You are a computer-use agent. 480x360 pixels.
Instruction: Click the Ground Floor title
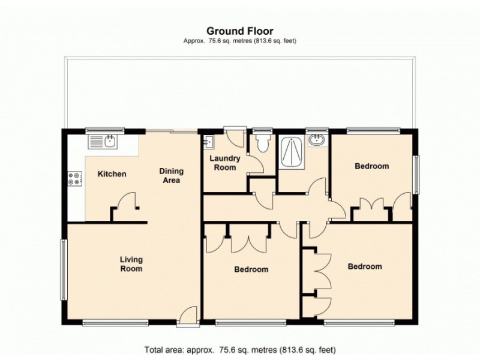(x=240, y=30)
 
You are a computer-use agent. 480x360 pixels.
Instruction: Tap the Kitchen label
(x=112, y=174)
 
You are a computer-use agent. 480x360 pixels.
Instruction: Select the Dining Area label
(x=170, y=175)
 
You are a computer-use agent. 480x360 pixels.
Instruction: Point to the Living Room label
(x=131, y=264)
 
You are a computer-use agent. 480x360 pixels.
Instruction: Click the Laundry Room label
(x=225, y=163)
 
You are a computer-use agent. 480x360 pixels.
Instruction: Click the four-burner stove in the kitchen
(x=76, y=178)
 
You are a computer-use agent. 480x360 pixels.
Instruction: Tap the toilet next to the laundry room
(x=262, y=143)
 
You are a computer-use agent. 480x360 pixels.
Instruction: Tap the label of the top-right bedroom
(x=371, y=166)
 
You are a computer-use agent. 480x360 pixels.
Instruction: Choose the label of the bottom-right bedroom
(x=365, y=266)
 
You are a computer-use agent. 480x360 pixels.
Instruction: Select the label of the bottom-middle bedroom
(x=251, y=269)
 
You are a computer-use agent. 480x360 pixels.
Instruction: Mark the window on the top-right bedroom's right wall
(x=416, y=173)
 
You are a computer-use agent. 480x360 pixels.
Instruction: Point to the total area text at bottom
(x=240, y=349)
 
